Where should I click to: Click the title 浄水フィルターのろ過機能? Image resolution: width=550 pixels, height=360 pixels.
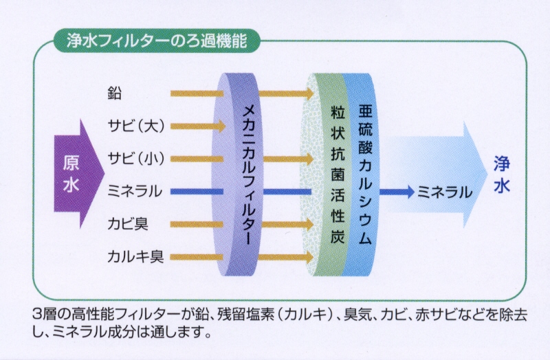pyautogui.click(x=157, y=41)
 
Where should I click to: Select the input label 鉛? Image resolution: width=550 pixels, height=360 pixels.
pyautogui.click(x=115, y=93)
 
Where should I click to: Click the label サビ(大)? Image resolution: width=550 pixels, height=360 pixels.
pyautogui.click(x=136, y=126)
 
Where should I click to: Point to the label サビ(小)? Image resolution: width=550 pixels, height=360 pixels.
pyautogui.click(x=136, y=159)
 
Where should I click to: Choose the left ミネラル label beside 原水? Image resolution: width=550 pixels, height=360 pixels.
pyautogui.click(x=135, y=192)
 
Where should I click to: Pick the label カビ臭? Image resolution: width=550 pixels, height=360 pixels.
pyautogui.click(x=128, y=224)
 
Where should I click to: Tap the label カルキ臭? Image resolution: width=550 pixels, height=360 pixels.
pyautogui.click(x=135, y=256)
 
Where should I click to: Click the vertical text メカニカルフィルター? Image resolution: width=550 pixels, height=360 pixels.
pyautogui.click(x=249, y=175)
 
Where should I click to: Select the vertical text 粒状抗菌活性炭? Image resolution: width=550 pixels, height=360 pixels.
pyautogui.click(x=338, y=175)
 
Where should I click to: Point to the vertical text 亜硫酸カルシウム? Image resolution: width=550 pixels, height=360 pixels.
pyautogui.click(x=365, y=175)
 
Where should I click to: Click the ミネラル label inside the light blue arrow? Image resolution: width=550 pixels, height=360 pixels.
pyautogui.click(x=444, y=192)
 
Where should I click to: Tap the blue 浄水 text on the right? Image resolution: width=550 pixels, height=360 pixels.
pyautogui.click(x=502, y=174)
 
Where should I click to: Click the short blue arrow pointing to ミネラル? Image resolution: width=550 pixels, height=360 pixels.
pyautogui.click(x=397, y=192)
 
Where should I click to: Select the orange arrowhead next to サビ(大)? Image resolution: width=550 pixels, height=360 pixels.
pyautogui.click(x=221, y=126)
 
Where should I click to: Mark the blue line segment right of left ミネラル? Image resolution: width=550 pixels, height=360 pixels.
pyautogui.click(x=197, y=192)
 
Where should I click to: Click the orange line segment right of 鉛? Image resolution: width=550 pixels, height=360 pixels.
pyautogui.click(x=197, y=93)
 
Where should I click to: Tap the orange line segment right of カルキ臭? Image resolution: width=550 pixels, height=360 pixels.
pyautogui.click(x=197, y=257)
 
